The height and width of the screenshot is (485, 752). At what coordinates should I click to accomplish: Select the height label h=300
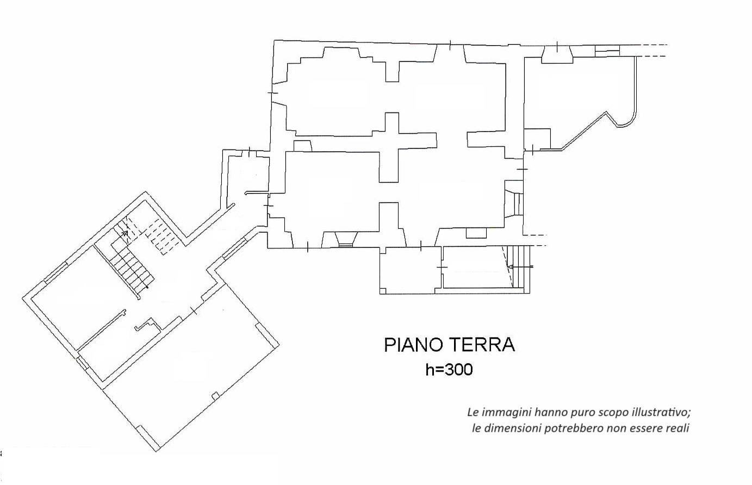pyautogui.click(x=449, y=370)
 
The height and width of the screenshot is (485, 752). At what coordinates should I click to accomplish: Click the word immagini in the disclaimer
pyautogui.click(x=504, y=412)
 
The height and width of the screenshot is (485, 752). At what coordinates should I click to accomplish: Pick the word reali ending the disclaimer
pyautogui.click(x=678, y=428)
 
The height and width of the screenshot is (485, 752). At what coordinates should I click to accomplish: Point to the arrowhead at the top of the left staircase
pyautogui.click(x=125, y=233)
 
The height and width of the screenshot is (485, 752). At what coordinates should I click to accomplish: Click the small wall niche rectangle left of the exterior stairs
pyautogui.click(x=476, y=233)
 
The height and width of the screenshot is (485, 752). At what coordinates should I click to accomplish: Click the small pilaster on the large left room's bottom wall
pyautogui.click(x=215, y=395)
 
